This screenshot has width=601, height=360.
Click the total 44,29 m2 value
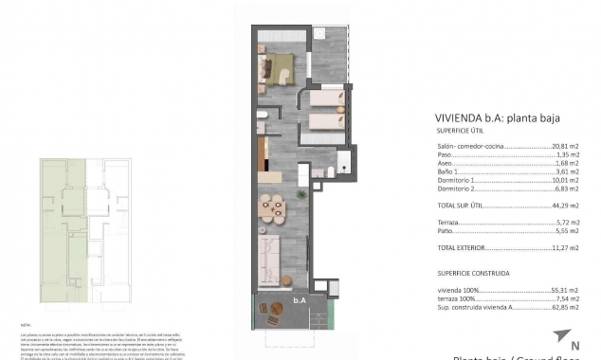566,206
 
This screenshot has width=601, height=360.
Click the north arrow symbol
566,334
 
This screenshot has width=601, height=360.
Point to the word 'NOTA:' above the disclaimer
26,323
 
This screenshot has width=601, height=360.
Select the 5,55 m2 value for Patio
567,230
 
